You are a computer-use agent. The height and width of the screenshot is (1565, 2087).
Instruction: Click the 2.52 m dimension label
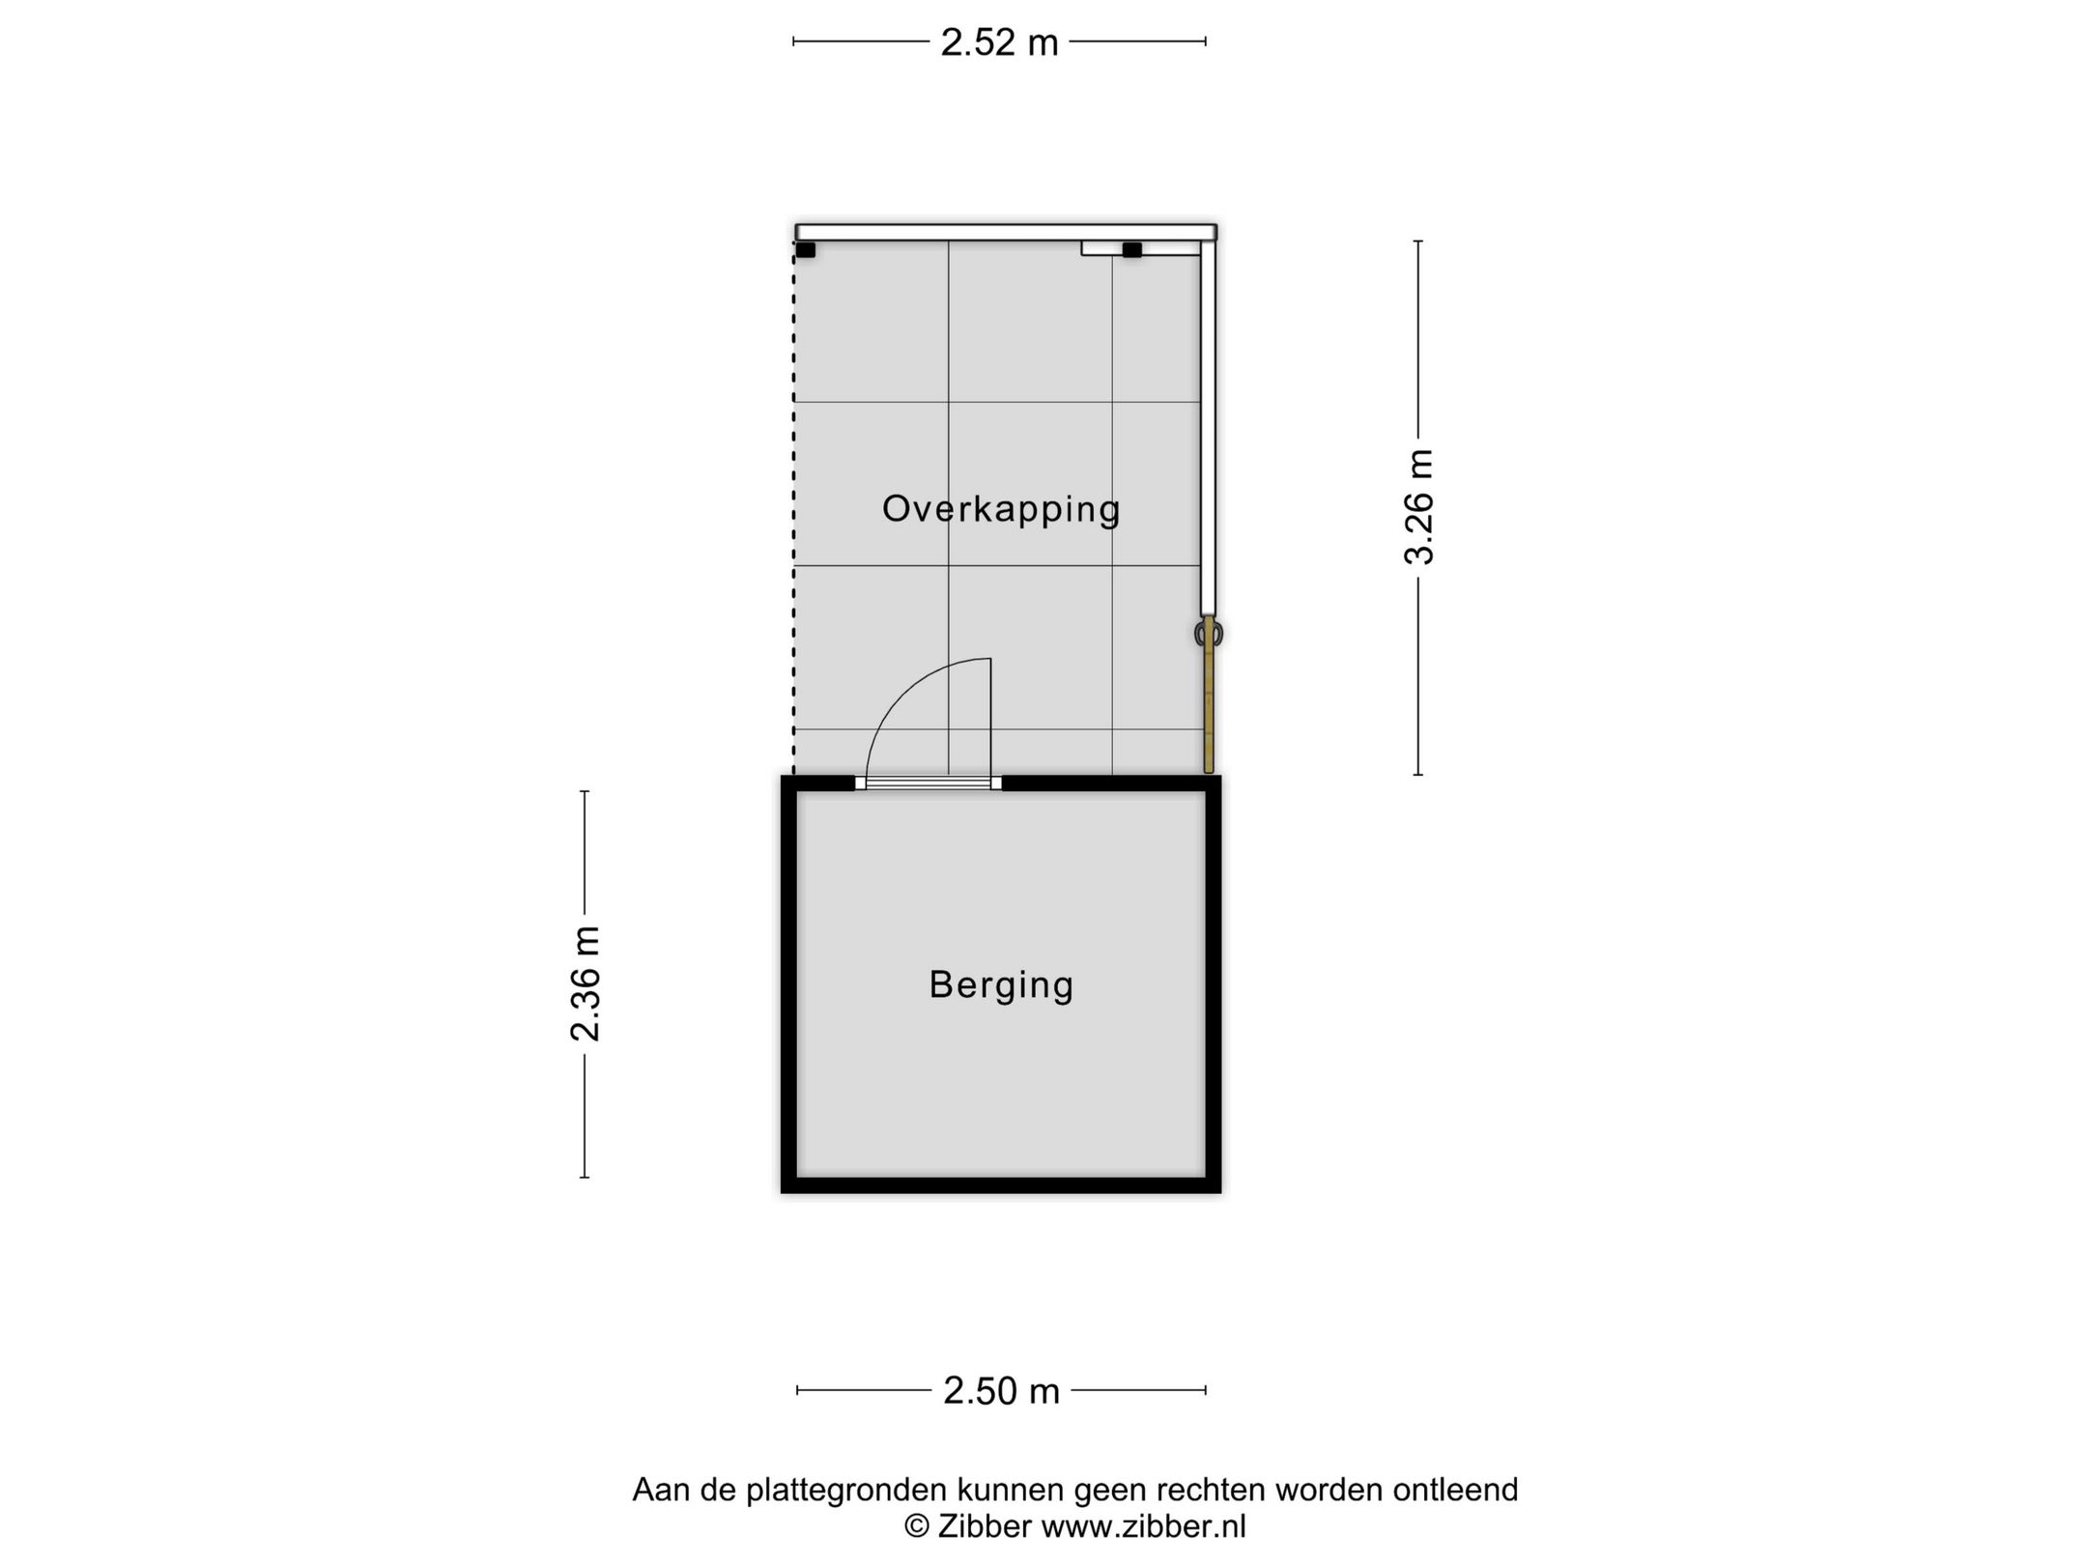[999, 43]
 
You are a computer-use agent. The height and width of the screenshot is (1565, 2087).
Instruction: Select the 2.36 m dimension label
[586, 983]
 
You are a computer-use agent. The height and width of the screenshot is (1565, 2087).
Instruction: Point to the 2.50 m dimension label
[1001, 1390]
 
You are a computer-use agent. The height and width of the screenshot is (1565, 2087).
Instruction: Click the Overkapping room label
[1001, 509]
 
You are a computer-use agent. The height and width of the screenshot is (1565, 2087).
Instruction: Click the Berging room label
[1001, 984]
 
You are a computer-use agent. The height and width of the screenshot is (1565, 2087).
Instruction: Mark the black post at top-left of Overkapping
[805, 250]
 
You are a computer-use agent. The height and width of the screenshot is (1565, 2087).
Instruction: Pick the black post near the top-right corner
[1131, 250]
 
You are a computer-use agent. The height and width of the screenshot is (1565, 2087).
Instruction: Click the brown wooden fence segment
[1208, 710]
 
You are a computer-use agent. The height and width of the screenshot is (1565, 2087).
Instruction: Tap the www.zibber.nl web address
[1143, 1526]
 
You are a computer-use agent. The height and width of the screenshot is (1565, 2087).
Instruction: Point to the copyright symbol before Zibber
[916, 1526]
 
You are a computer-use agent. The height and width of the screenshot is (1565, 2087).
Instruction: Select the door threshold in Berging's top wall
[929, 783]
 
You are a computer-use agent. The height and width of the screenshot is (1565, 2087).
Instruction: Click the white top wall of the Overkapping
[1005, 232]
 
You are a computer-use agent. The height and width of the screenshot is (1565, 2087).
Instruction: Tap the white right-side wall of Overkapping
[1208, 425]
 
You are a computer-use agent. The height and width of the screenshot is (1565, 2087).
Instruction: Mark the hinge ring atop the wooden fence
[1208, 634]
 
